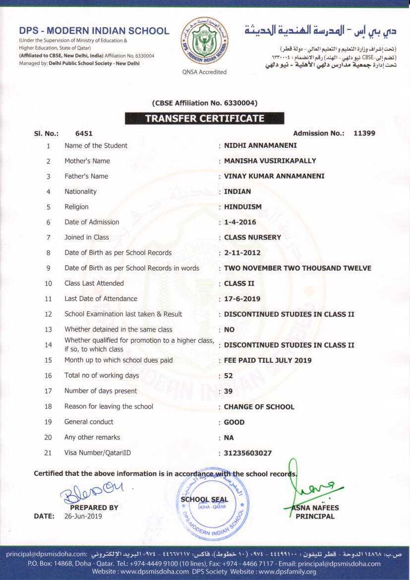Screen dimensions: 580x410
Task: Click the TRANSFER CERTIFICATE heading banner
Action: click(x=204, y=119)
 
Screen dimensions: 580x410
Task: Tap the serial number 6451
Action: click(x=84, y=133)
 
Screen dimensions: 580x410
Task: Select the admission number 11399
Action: click(x=364, y=133)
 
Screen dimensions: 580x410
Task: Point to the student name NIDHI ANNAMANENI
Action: click(x=260, y=146)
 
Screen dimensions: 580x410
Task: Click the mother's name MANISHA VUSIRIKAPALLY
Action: click(x=270, y=161)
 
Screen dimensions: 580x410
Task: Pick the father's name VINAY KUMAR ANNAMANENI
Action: click(x=274, y=176)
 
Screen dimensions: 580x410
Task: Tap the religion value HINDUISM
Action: click(x=243, y=207)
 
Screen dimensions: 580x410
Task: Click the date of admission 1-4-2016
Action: click(x=240, y=222)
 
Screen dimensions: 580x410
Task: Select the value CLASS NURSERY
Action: click(x=252, y=238)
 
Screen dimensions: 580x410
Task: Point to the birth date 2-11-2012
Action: click(x=242, y=253)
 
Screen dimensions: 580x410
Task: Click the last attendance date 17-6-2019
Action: click(x=242, y=299)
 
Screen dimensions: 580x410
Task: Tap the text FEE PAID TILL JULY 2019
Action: click(x=268, y=361)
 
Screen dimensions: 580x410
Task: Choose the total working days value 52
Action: click(x=229, y=376)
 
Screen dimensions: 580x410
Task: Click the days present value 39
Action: click(x=229, y=391)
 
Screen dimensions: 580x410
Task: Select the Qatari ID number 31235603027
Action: click(x=248, y=453)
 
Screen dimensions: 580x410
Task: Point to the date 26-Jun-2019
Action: click(x=83, y=516)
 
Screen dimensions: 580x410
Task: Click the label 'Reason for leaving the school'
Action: click(x=109, y=406)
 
